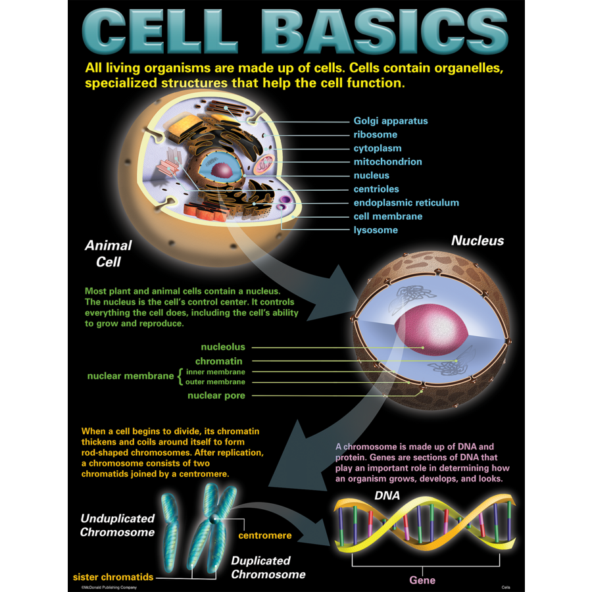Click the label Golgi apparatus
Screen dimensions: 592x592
390,121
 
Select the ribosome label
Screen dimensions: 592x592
375,135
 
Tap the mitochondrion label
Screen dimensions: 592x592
387,162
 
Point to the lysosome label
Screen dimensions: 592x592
375,230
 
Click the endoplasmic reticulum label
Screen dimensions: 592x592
406,203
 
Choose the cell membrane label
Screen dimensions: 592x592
387,216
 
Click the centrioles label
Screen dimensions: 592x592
376,189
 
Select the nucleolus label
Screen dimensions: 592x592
223,347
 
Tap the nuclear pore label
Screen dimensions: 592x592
216,395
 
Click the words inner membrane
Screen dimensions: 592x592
215,372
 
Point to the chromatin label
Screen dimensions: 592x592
219,361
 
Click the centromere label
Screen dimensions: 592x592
264,535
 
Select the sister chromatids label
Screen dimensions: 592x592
113,577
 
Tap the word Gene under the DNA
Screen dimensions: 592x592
422,580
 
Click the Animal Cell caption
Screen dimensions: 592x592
109,253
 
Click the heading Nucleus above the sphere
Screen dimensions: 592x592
477,241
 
